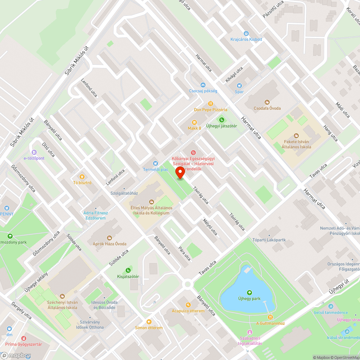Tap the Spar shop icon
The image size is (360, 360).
point(239,86)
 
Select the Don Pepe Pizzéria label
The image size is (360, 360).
point(211,109)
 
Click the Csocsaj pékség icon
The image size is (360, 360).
point(203,85)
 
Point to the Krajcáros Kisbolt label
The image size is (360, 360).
point(246,39)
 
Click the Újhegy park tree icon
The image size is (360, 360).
point(249,292)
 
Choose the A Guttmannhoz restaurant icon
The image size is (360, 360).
point(270,317)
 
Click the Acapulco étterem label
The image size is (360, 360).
point(188,311)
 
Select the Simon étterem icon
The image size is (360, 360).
point(149,322)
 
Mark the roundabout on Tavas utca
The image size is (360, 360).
point(187,284)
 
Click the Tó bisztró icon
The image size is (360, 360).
point(82,176)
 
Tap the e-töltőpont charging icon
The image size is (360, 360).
point(34,152)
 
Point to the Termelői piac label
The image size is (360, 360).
point(156,170)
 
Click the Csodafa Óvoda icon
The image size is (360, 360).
point(267,102)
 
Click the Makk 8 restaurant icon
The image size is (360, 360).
point(194,122)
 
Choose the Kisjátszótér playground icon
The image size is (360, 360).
point(128,270)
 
